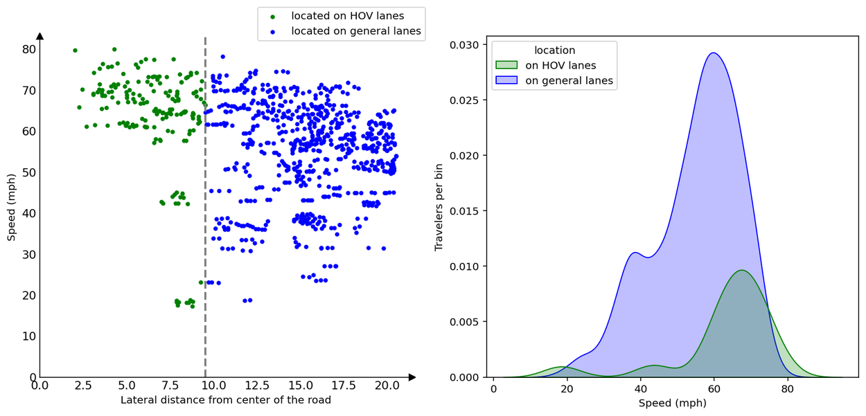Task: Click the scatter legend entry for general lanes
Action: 355,31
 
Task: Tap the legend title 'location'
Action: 554,51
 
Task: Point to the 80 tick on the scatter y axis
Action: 28,49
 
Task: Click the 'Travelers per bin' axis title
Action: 439,207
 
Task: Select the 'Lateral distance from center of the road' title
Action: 226,400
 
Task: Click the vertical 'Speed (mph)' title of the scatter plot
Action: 11,206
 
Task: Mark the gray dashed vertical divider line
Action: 206,208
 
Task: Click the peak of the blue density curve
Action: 714,53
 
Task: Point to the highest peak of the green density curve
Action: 741,271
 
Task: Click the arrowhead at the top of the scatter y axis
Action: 39,36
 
